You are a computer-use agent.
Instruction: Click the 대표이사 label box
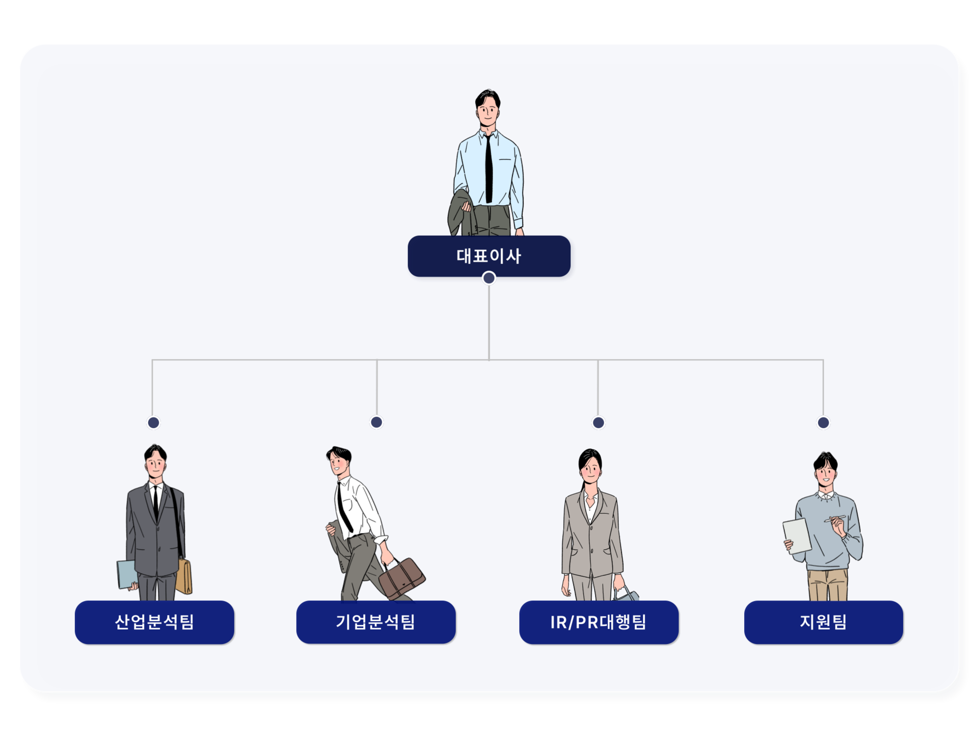tap(488, 256)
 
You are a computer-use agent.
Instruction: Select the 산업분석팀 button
tap(154, 622)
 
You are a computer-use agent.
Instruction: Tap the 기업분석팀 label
tap(376, 622)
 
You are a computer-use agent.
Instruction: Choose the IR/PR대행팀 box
tap(599, 622)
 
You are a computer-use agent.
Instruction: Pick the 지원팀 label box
tap(823, 622)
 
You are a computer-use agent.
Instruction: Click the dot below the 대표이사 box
tap(489, 278)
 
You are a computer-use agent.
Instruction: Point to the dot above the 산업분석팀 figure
tap(153, 422)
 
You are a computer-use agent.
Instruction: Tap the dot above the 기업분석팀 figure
tap(376, 422)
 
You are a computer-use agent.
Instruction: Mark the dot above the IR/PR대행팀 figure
tap(599, 422)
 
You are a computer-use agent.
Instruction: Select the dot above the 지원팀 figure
tap(823, 422)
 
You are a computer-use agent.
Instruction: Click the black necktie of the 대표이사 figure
tap(488, 168)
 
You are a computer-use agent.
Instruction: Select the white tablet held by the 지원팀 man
tap(797, 535)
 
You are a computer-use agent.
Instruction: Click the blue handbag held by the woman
tap(627, 595)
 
